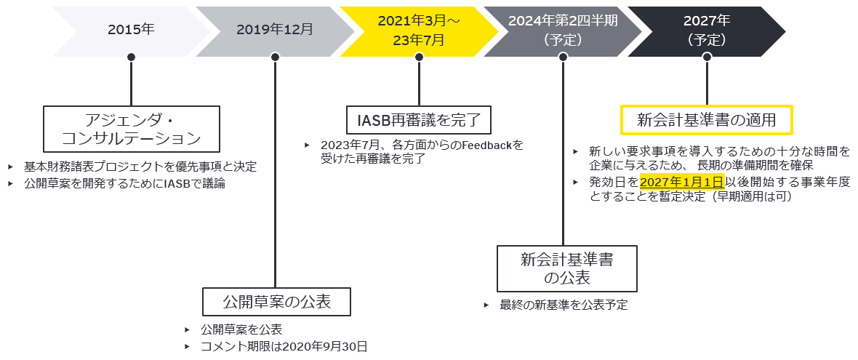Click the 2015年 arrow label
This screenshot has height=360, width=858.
(131, 30)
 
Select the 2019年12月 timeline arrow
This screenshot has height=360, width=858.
(275, 30)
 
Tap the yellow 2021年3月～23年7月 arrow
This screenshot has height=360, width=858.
(420, 31)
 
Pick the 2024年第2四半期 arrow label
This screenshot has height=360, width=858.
(563, 31)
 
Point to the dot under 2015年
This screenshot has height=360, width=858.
(131, 57)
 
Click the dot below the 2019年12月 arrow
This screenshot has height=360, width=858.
(275, 57)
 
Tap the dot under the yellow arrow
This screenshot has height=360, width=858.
(419, 57)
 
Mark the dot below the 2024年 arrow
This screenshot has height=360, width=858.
(563, 57)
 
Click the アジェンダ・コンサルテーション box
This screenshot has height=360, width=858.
(131, 128)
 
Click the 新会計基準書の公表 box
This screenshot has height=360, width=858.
(566, 268)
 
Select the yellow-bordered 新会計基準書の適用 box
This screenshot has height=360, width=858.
(705, 119)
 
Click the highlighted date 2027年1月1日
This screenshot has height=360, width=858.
(681, 181)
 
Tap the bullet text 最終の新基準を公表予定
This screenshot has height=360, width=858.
(564, 305)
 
